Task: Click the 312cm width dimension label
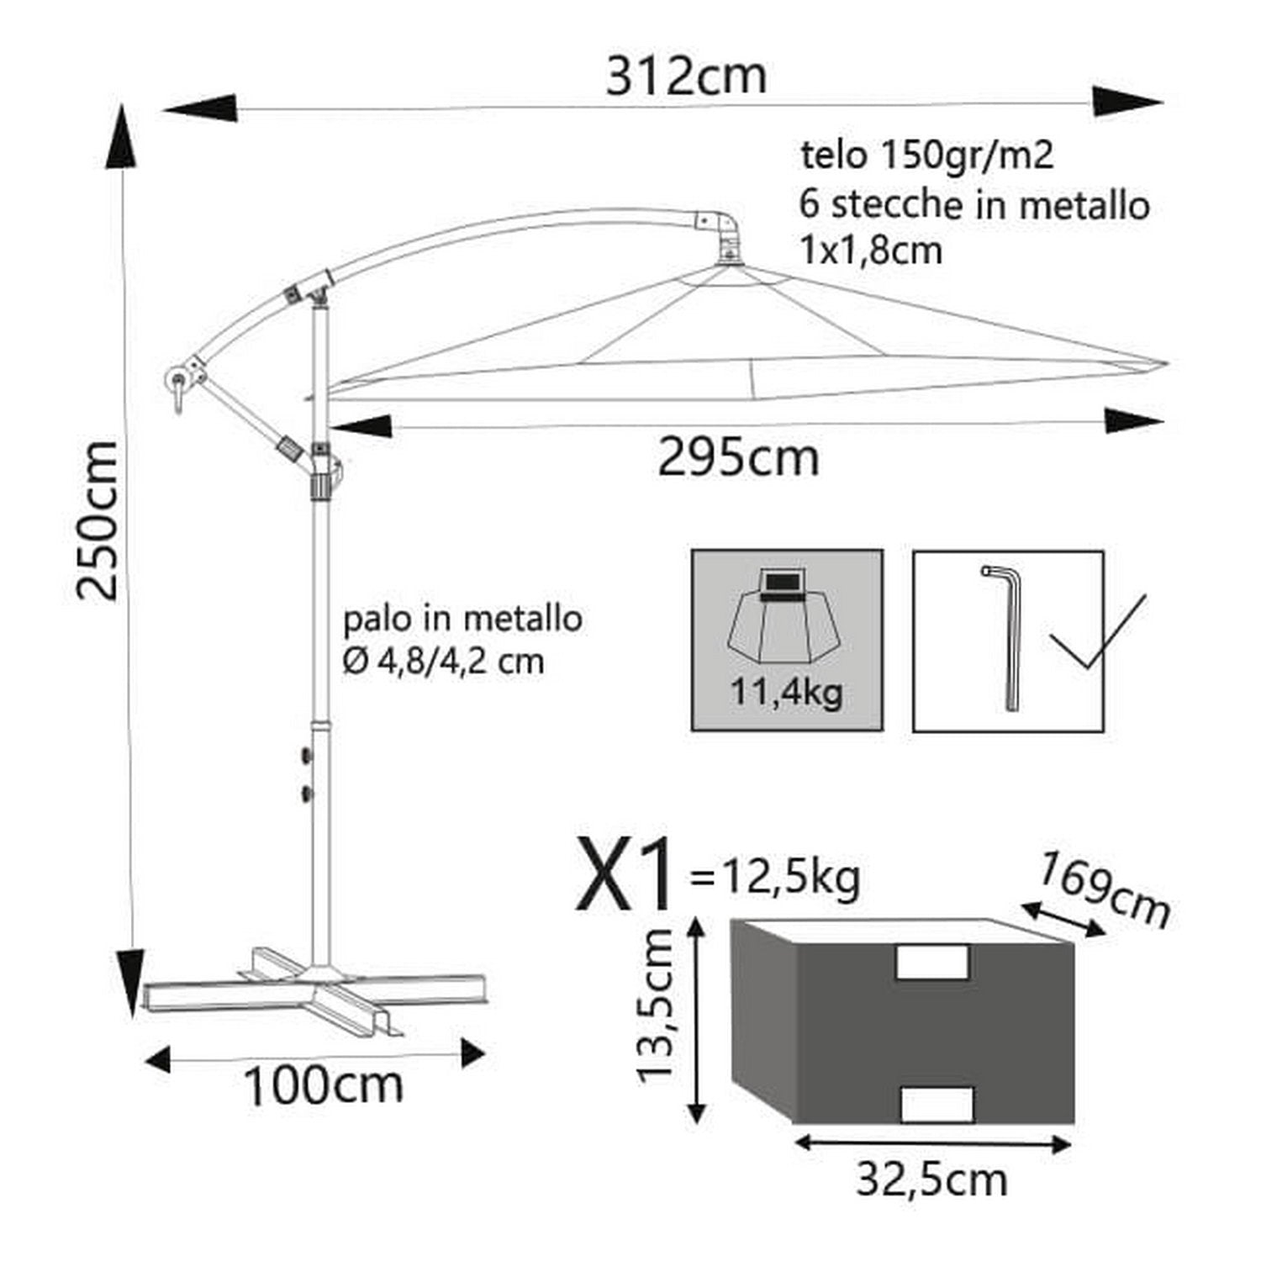686,77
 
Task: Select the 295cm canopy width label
737,459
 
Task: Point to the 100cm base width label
323,1085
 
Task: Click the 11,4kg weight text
786,693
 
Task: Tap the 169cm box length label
1104,889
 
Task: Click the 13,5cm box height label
657,1006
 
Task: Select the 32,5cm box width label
931,1179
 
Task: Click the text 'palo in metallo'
462,620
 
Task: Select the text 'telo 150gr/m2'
926,156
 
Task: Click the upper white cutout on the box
931,962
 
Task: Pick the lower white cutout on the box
937,1103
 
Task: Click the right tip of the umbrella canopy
1165,364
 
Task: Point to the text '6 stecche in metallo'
974,205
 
